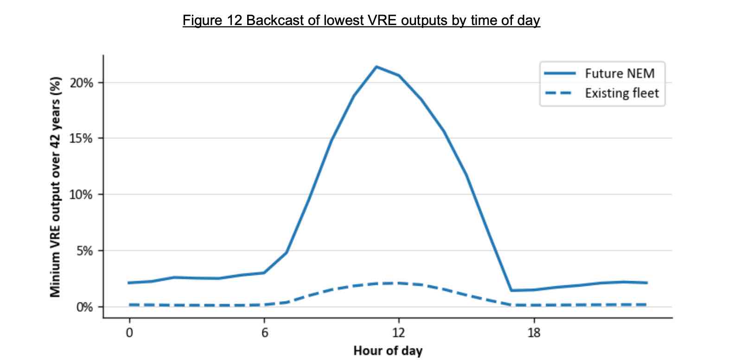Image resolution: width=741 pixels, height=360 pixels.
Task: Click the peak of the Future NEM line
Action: coord(377,67)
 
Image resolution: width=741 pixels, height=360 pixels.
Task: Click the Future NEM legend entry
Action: coord(620,74)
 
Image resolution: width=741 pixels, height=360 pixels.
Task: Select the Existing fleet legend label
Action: coord(621,93)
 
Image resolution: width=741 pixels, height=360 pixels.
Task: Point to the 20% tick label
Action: coord(82,83)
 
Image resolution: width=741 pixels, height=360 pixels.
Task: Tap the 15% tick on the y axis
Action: coord(82,139)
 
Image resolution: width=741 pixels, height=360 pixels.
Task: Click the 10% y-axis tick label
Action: coord(82,195)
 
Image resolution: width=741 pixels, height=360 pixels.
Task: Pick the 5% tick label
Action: coord(84,251)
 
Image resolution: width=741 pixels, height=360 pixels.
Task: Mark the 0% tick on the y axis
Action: coord(84,307)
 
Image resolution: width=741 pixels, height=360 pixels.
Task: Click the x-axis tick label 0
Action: coord(129,333)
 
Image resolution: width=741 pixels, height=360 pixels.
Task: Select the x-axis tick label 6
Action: coord(264,333)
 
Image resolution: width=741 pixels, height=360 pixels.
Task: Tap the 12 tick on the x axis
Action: coord(398,333)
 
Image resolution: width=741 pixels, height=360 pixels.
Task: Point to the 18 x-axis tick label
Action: coord(534,333)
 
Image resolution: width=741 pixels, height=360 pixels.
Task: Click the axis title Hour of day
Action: coord(388,351)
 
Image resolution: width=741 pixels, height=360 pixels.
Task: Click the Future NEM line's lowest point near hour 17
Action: coord(511,290)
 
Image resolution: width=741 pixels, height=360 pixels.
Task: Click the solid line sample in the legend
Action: coord(560,74)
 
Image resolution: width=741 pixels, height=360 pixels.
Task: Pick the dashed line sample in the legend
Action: coord(560,93)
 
